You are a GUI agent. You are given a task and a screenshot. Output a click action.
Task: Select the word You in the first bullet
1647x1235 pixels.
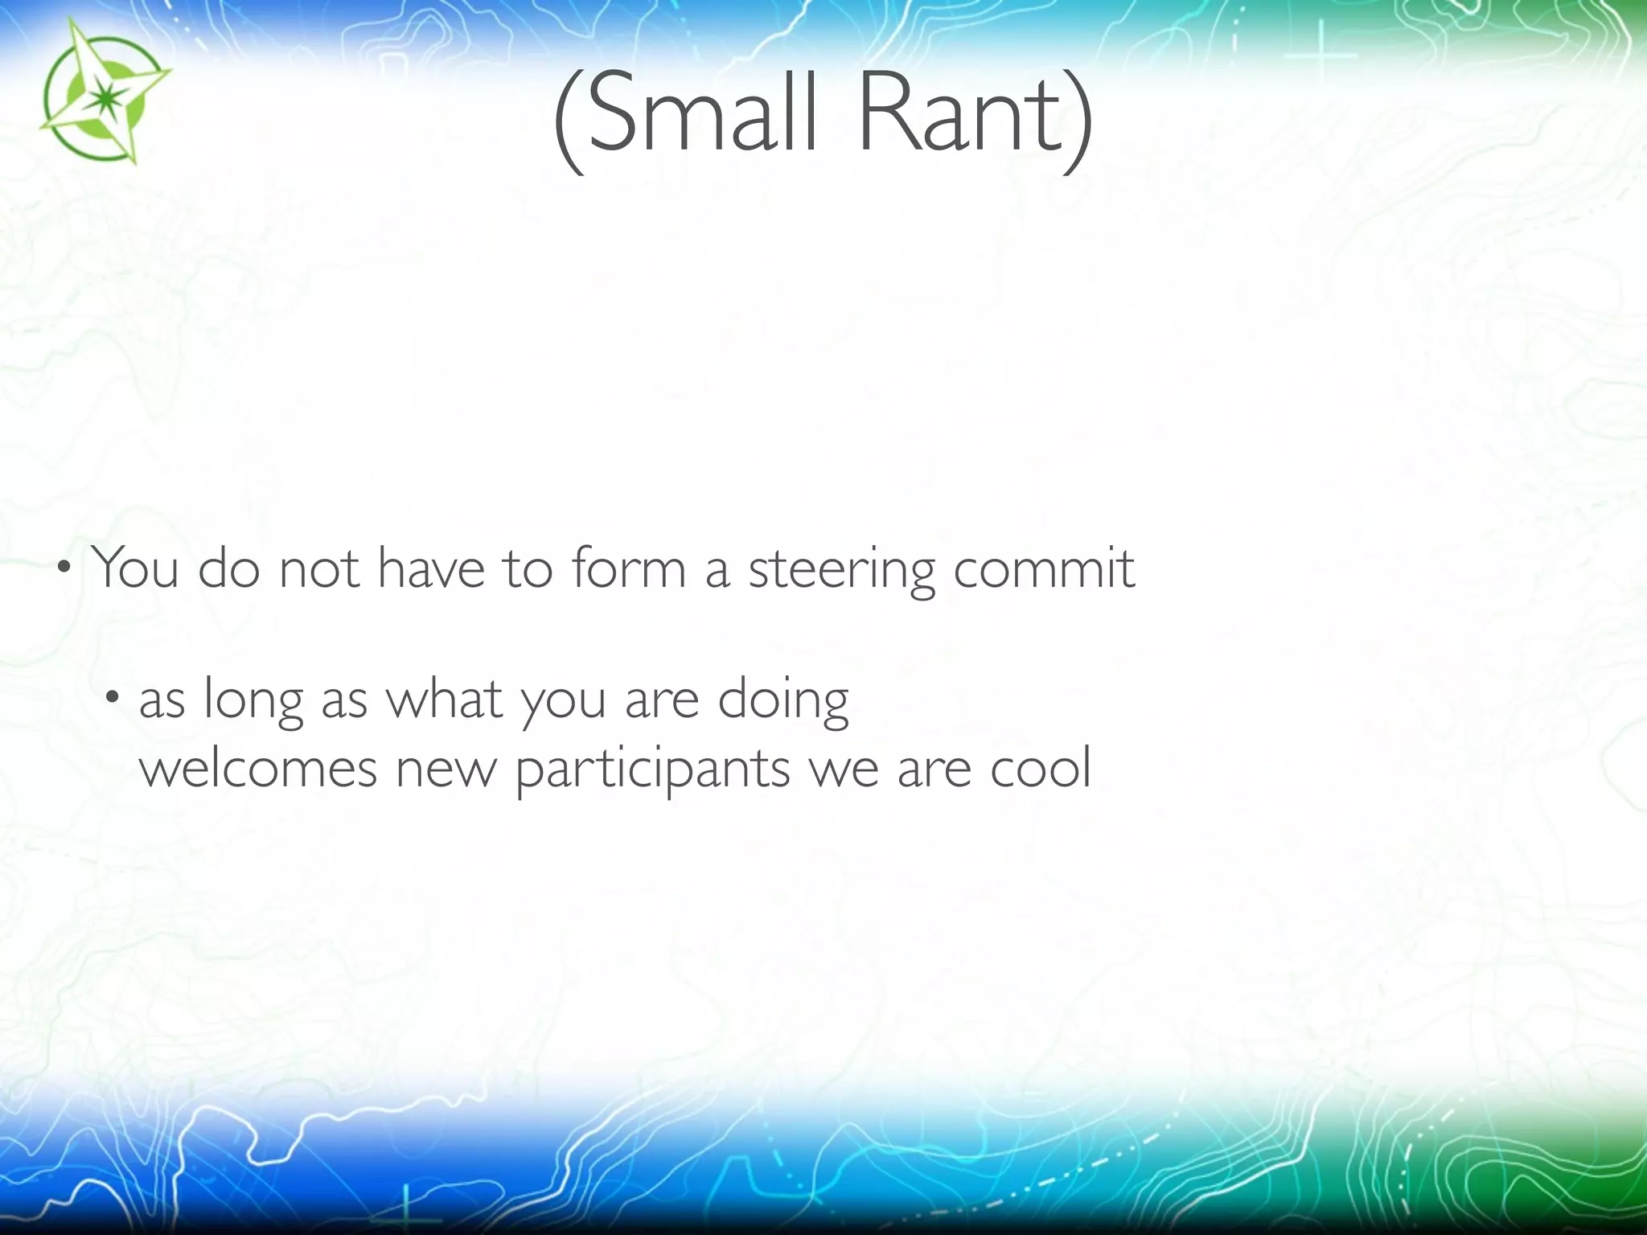tap(134, 568)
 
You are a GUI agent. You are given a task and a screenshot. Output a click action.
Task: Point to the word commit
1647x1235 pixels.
tap(1044, 568)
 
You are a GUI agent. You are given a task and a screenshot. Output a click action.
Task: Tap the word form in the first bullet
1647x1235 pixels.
tap(630, 568)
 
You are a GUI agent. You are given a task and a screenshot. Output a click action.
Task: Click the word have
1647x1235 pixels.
tap(431, 568)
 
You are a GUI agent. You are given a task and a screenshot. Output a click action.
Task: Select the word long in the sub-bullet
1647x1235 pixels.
tap(253, 700)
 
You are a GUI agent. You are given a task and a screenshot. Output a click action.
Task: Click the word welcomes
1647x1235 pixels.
tap(258, 768)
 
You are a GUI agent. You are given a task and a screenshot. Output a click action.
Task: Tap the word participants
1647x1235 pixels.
tap(652, 769)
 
